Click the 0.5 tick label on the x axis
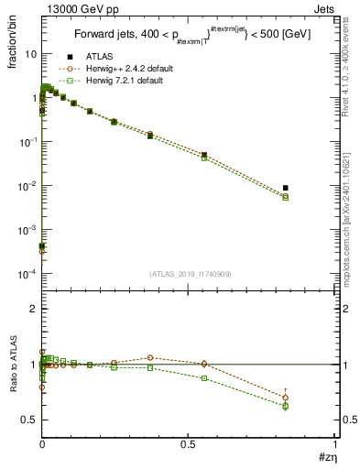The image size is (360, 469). click(x=189, y=444)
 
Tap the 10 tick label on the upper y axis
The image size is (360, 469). click(x=29, y=54)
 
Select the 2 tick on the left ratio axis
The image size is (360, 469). click(x=33, y=309)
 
